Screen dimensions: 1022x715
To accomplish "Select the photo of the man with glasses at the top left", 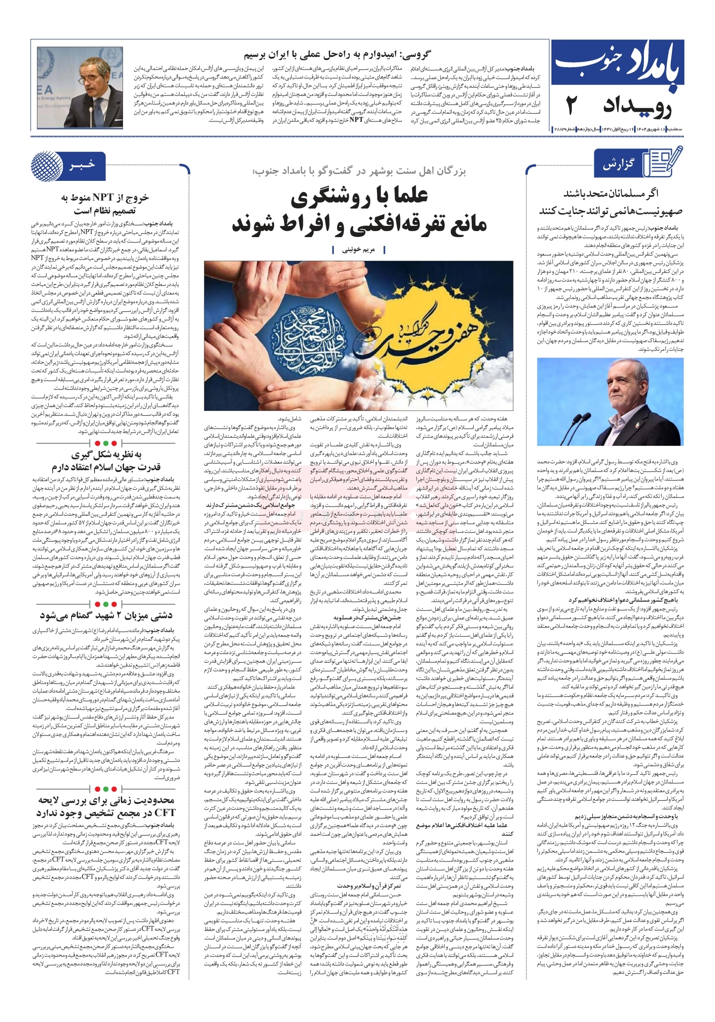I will click(x=80, y=88).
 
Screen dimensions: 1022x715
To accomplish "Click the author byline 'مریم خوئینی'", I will click(x=358, y=250).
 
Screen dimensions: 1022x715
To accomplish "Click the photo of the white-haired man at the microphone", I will click(x=610, y=402).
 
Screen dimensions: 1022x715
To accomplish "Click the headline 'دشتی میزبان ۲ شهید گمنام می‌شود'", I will click(x=106, y=616).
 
